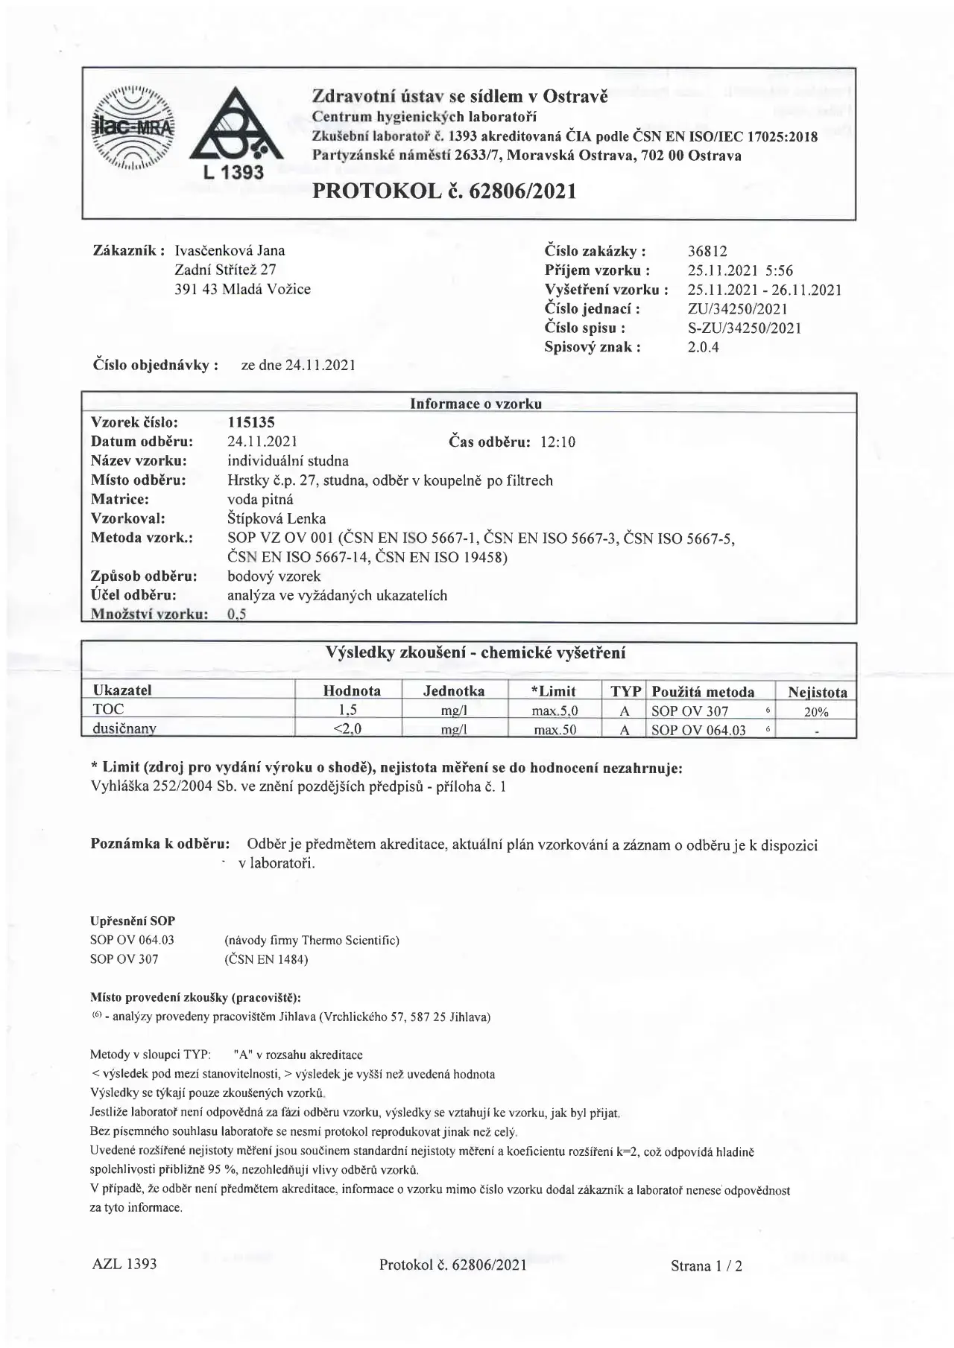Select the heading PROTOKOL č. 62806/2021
(444, 191)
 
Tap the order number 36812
(707, 252)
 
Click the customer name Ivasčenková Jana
(230, 250)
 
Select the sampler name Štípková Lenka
(277, 518)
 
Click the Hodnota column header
(352, 690)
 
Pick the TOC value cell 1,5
(348, 710)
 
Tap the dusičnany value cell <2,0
(348, 729)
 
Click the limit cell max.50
(555, 730)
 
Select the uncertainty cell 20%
(816, 711)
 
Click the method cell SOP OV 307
(689, 710)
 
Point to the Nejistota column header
(818, 692)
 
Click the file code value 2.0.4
(703, 347)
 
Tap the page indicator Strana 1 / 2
(706, 1265)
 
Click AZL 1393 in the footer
(124, 1263)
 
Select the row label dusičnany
(124, 729)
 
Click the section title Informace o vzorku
(476, 404)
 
